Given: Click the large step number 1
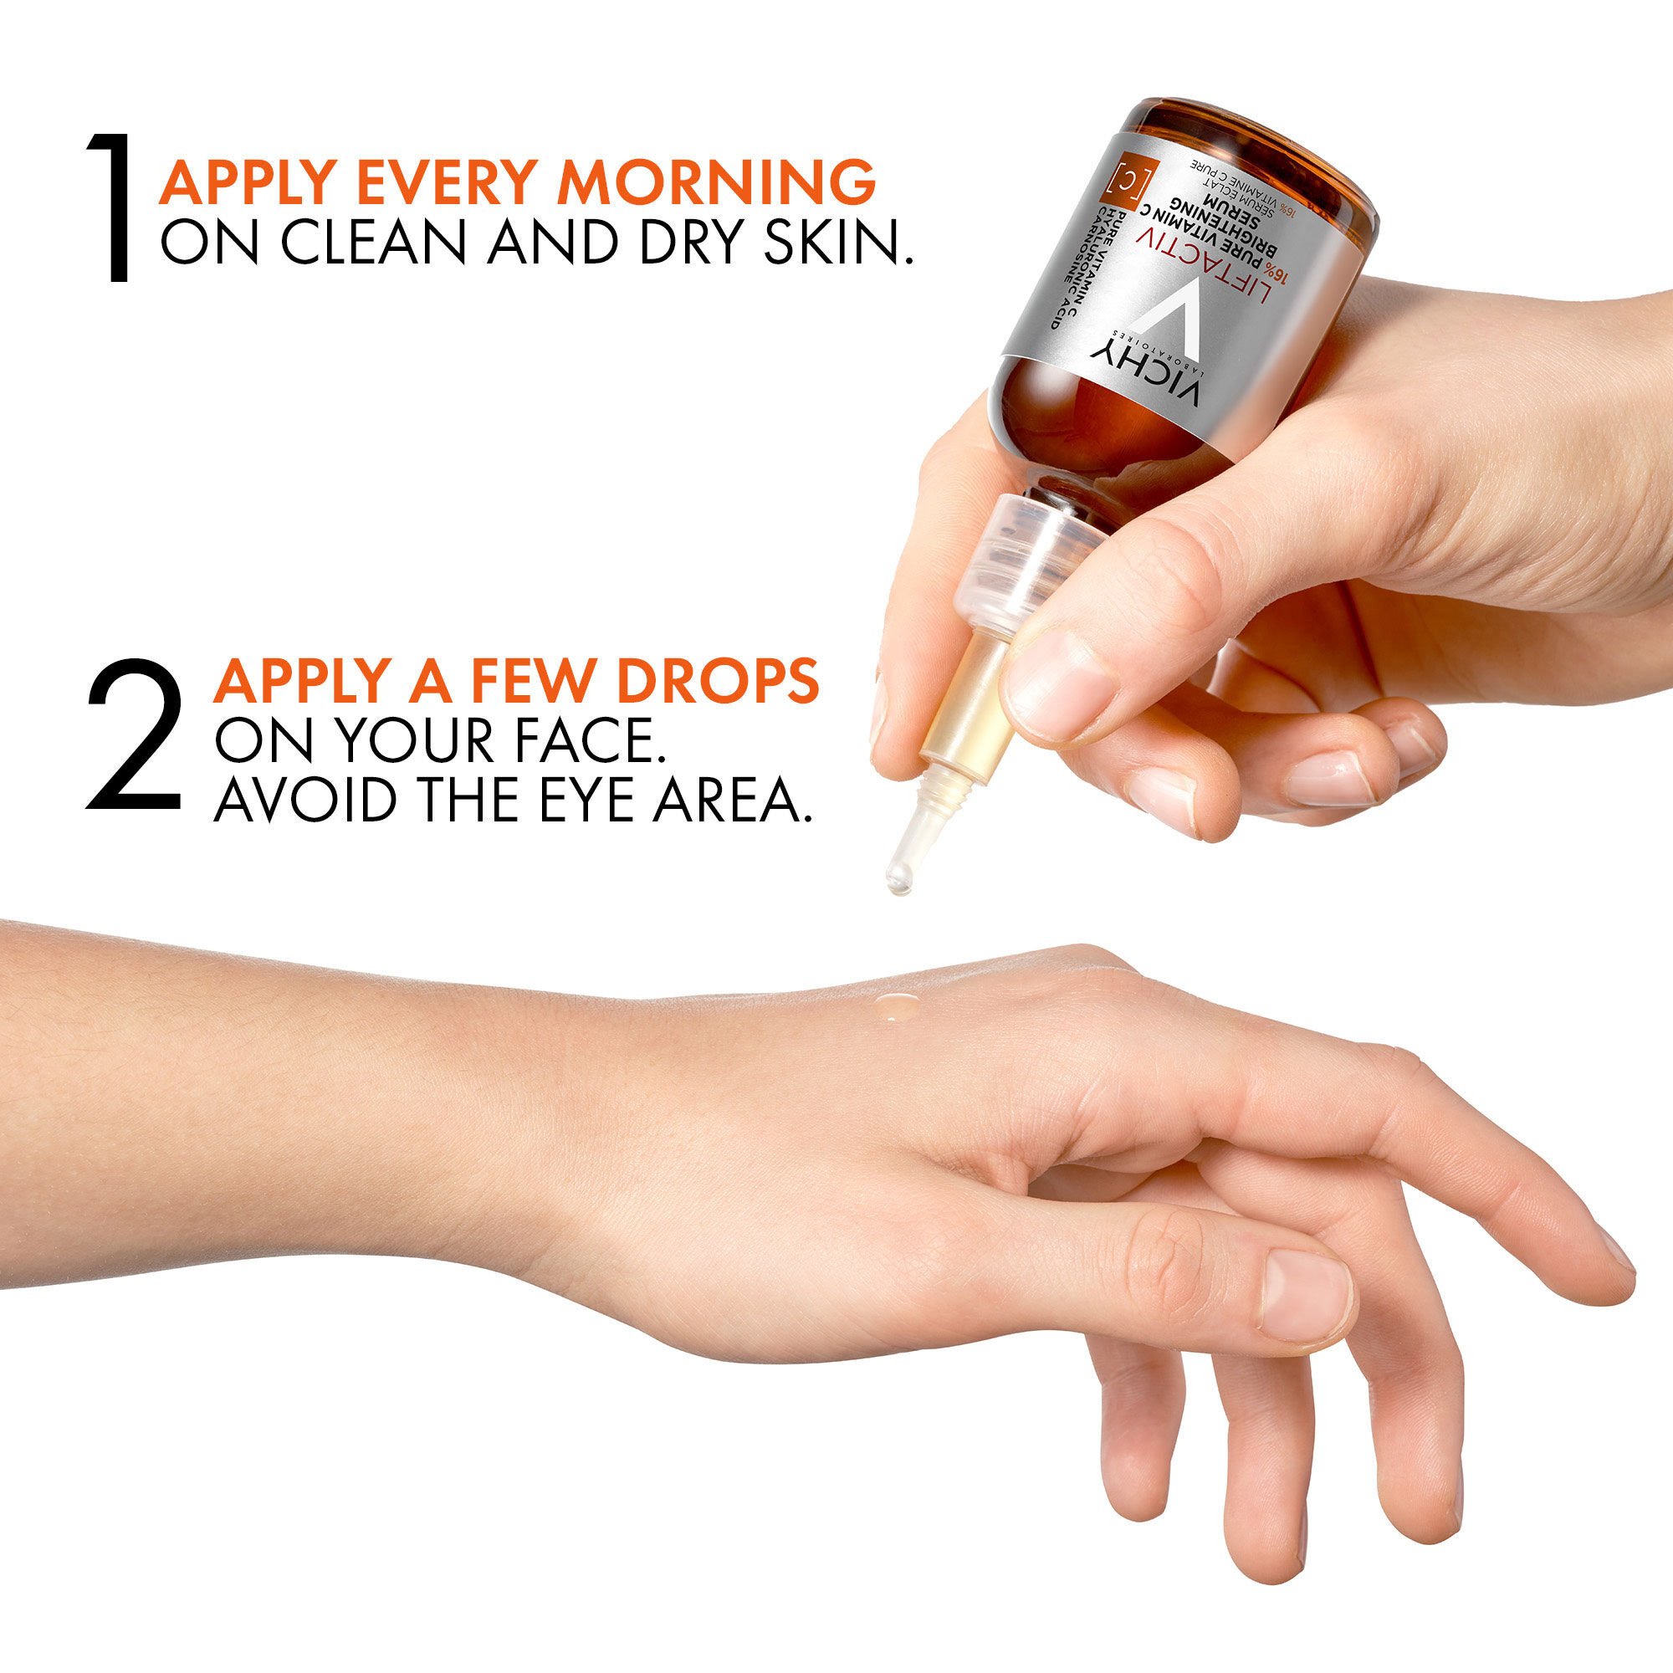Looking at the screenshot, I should (x=114, y=207).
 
